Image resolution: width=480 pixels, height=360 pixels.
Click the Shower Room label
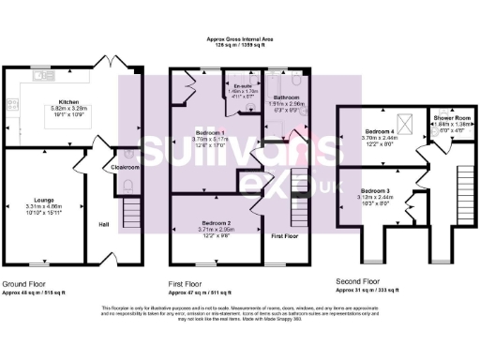pos(452,118)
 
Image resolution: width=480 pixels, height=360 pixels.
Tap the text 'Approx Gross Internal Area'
pos(239,39)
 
